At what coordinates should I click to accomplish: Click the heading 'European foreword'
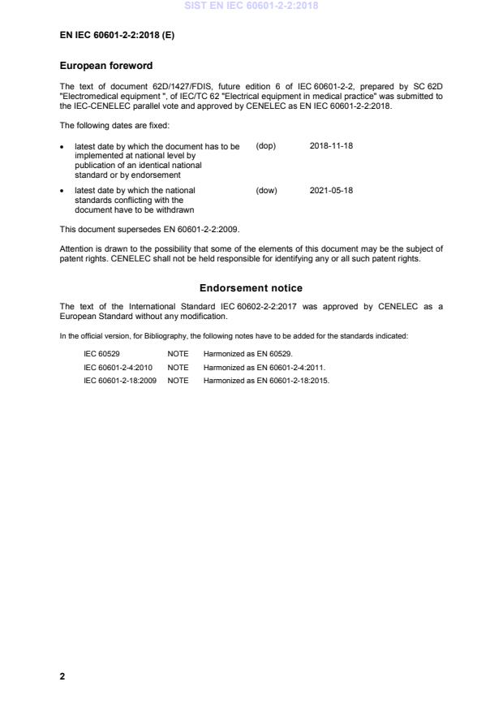point(106,65)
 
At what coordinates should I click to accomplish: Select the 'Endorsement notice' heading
point(251,287)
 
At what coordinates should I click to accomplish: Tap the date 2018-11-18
point(331,146)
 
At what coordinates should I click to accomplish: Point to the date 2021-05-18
point(331,191)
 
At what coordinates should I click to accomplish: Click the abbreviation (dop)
point(266,146)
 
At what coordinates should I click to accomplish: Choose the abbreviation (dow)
point(266,191)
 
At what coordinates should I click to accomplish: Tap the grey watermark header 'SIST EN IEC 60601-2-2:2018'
point(251,6)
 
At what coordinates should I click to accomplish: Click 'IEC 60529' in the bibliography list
point(102,355)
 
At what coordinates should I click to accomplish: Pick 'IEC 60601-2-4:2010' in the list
point(118,367)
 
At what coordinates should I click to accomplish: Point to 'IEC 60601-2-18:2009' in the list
point(120,379)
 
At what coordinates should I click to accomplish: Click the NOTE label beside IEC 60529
point(178,355)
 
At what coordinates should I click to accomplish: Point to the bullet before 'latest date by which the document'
point(62,147)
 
